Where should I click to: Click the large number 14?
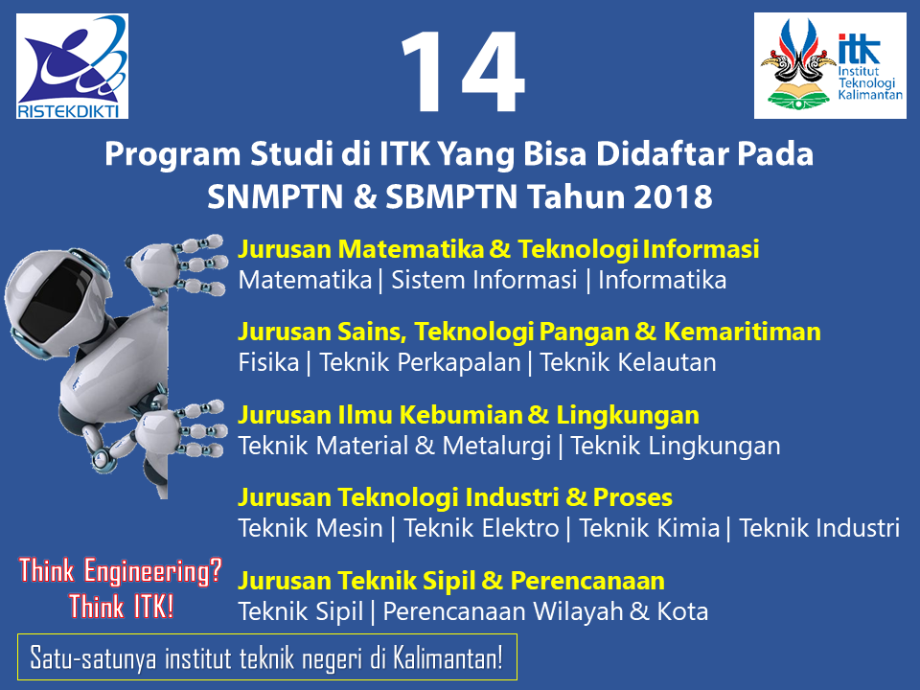pos(463,72)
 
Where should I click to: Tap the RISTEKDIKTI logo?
pos(72,66)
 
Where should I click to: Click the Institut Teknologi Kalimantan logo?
pos(830,66)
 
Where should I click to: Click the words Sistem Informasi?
pos(484,280)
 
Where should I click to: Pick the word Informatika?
pos(662,280)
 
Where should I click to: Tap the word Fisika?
pos(268,362)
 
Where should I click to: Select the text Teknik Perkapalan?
pos(420,362)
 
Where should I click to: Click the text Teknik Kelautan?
pos(628,362)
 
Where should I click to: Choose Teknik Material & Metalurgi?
pos(395,446)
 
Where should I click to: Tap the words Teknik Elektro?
pos(481,528)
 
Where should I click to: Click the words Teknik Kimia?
pos(650,528)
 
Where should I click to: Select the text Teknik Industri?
pos(819,528)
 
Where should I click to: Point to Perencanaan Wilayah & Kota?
pos(545,611)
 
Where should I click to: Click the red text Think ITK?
pos(122,606)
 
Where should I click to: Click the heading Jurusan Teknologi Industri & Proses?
pos(455,497)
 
